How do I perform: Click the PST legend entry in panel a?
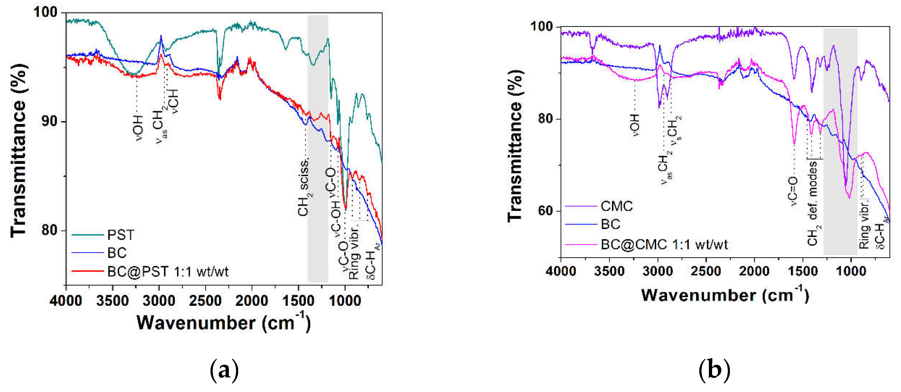(x=120, y=235)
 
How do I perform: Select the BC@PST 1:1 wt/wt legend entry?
(x=168, y=272)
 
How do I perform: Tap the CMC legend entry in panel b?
(x=617, y=206)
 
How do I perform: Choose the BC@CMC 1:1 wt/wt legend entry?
(x=664, y=244)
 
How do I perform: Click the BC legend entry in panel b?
(x=610, y=224)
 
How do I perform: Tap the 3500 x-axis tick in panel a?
(x=113, y=301)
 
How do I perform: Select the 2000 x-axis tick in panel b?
(x=754, y=271)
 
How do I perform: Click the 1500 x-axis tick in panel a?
(x=298, y=301)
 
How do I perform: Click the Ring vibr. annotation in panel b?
(x=864, y=224)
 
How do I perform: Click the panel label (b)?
(x=714, y=371)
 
